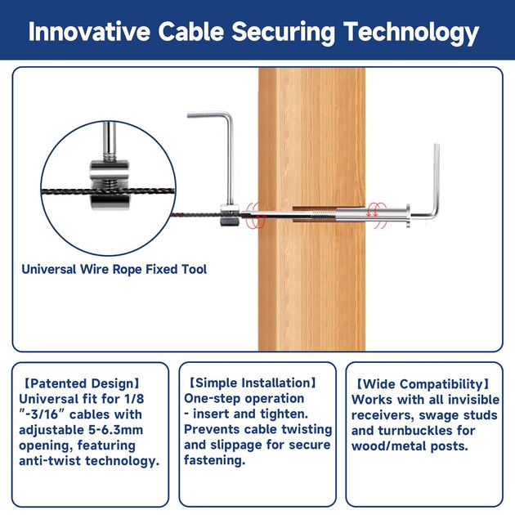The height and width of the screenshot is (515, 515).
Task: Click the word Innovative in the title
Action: point(89,32)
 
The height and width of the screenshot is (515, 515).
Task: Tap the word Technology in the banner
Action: point(411,34)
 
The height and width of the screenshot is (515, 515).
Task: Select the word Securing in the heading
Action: point(283,34)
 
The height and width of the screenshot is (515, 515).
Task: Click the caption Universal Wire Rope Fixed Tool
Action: point(114,269)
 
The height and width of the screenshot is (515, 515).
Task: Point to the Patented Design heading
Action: point(82,383)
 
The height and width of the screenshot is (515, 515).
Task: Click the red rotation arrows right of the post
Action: point(377,215)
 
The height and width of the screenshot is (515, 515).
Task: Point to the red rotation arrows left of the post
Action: point(255,216)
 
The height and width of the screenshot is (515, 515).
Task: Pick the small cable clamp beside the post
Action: point(228,216)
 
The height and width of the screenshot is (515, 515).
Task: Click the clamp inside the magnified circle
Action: point(110,186)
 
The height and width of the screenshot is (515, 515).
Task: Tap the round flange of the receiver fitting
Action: point(408,216)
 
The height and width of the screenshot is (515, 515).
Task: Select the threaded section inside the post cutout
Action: point(323,214)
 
